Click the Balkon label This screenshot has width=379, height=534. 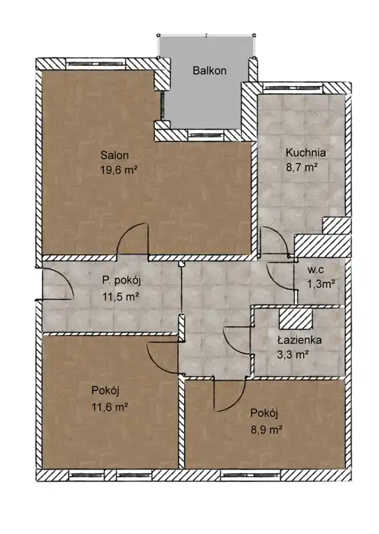coord(209,70)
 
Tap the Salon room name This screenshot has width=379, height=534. coord(114,155)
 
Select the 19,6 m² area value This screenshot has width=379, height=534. coord(119,169)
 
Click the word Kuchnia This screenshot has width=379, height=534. coord(306,153)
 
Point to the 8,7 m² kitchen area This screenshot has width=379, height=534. coord(302,167)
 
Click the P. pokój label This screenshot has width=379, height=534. coord(122,281)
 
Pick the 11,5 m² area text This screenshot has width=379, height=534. coord(121,297)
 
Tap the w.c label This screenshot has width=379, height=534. coord(316,270)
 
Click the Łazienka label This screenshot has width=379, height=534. coord(300,340)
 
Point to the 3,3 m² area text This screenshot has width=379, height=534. coord(293,355)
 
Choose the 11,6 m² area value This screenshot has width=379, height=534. coord(110,406)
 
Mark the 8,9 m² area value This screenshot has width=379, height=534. coord(266,429)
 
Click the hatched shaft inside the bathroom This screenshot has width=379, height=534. coord(295,319)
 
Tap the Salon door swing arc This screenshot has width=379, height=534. coord(133,238)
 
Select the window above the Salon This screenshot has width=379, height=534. coord(96,64)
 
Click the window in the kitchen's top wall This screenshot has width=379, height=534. coord(292,88)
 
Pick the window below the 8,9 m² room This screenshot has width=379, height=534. coord(250,475)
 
